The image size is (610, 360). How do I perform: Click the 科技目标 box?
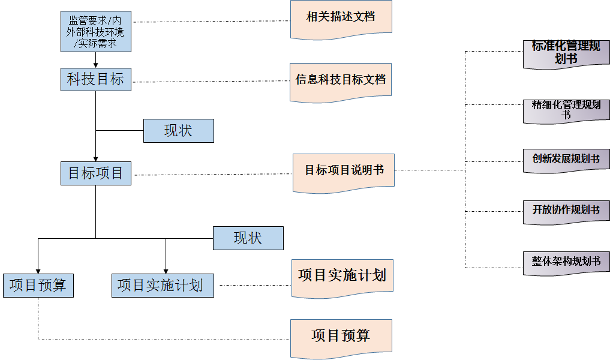pos(96,79)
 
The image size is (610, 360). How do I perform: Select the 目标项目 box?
pos(96,173)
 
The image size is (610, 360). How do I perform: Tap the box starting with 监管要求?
pos(96,31)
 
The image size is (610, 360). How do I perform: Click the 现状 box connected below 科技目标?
pos(178,131)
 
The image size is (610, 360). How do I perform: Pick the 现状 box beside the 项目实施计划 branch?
pos(248,238)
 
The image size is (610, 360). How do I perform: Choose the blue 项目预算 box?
pos(38,285)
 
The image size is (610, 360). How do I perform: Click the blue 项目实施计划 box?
pos(163,285)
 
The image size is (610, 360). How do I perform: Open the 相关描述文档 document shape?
pos(341,17)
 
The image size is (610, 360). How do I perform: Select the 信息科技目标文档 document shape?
pos(341,79)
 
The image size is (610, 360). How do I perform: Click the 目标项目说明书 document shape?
pos(344,171)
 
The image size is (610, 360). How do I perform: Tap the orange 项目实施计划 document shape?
pos(342,276)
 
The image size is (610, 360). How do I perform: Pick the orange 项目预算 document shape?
pos(341,335)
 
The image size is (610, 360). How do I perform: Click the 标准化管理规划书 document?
pos(566,53)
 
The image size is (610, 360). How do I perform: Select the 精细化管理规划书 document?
pos(566,109)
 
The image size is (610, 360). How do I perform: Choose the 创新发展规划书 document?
pos(566,160)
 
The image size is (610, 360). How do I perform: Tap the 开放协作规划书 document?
pos(566,211)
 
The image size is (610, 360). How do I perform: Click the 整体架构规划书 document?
pos(566,262)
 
